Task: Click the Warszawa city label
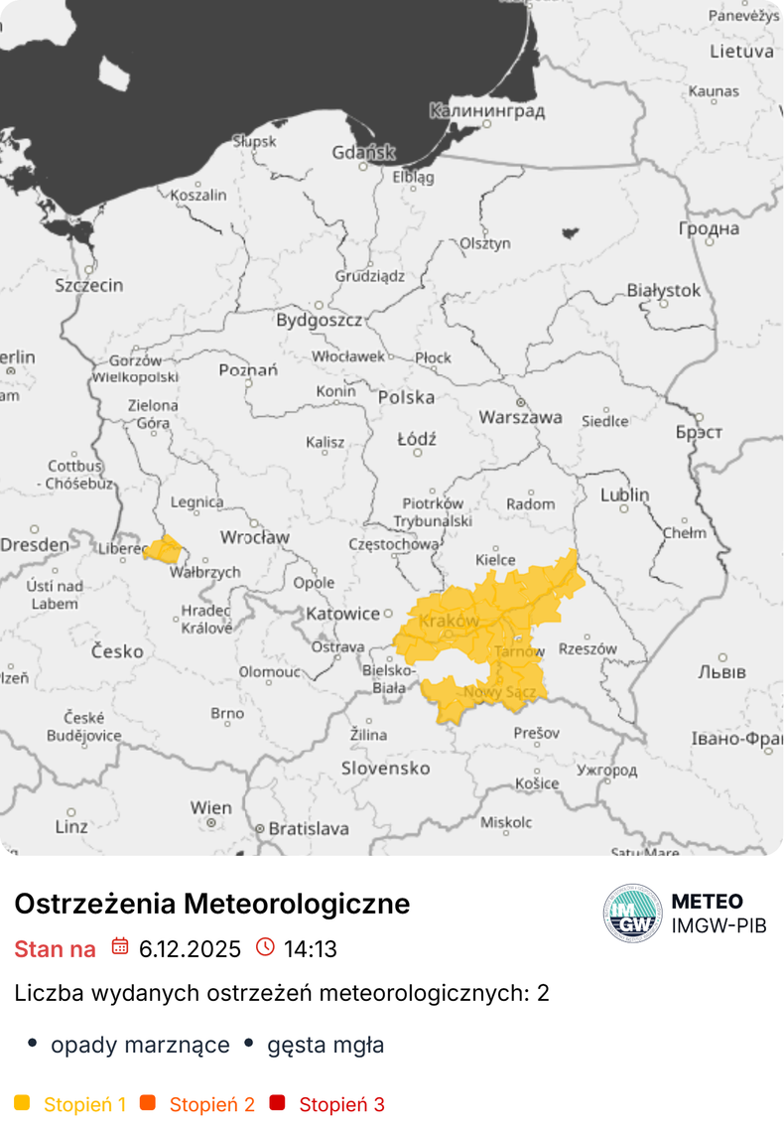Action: point(520,418)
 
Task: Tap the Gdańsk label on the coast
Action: point(363,153)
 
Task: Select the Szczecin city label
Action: point(89,286)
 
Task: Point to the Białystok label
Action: point(663,291)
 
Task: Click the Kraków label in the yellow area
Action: point(449,622)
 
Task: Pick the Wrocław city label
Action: point(254,537)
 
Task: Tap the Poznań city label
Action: point(248,370)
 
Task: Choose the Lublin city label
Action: point(624,494)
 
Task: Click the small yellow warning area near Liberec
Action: point(164,548)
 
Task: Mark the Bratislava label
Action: point(309,828)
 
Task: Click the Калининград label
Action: point(486,111)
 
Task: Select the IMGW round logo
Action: point(632,914)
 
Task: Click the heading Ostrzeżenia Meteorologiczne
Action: point(211,904)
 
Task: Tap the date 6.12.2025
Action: point(190,949)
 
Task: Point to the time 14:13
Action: point(311,949)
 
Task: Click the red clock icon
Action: point(265,947)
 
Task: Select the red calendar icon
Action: point(120,947)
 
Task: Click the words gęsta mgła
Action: point(326,1045)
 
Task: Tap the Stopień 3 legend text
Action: point(341,1104)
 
